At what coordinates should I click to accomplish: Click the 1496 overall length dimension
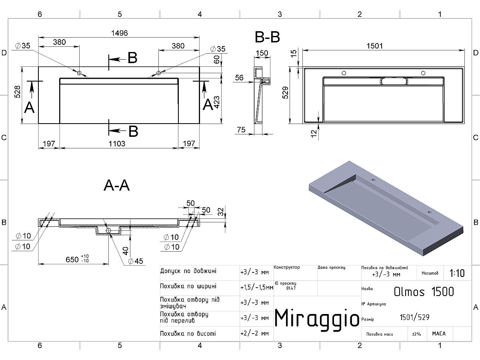tap(120, 33)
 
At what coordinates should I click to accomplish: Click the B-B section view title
tap(267, 37)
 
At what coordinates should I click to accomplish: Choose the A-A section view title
tap(116, 186)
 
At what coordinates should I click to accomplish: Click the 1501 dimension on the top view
tap(374, 46)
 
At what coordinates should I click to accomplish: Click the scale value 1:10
tap(457, 274)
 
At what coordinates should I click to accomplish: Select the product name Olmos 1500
tap(424, 292)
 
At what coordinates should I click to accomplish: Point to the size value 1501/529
tap(415, 318)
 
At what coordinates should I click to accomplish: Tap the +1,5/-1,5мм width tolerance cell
tap(256, 287)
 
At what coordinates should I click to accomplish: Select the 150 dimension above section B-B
tap(262, 53)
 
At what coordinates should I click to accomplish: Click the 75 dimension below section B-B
tap(241, 130)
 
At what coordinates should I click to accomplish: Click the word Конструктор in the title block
tap(287, 267)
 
